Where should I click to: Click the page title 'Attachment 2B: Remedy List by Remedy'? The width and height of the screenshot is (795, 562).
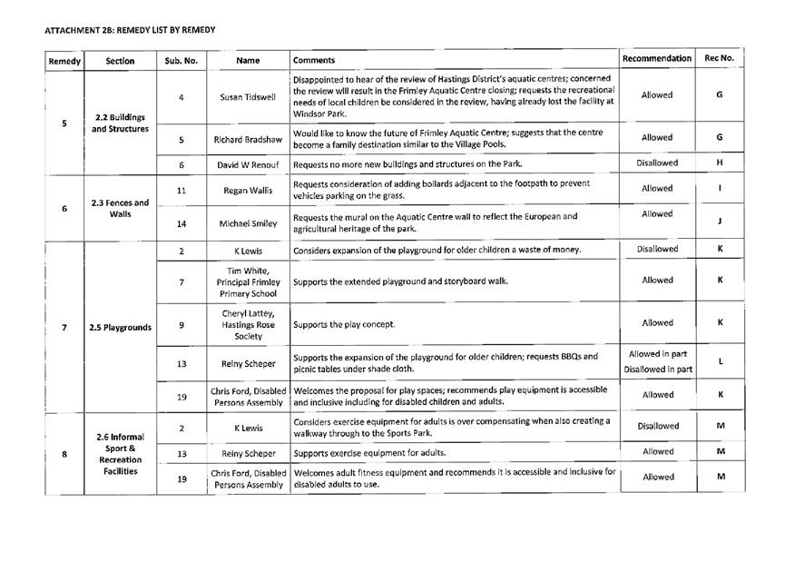[x=130, y=30]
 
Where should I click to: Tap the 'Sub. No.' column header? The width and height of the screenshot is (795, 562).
[x=182, y=61]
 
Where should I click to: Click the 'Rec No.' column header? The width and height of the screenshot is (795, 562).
[x=719, y=59]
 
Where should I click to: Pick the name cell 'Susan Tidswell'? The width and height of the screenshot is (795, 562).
[x=247, y=96]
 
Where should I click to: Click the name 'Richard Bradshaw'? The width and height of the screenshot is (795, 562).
[x=247, y=140]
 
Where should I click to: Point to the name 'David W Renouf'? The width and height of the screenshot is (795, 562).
[x=247, y=165]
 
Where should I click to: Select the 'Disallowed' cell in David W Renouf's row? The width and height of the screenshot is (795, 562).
[x=656, y=163]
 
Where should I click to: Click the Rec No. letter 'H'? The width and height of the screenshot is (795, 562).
[x=719, y=163]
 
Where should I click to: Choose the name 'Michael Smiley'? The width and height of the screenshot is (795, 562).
[x=247, y=222]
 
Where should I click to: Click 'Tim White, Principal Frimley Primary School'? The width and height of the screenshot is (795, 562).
[x=247, y=281]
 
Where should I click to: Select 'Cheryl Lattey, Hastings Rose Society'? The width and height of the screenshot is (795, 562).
[x=247, y=323]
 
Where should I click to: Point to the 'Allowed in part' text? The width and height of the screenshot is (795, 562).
[x=656, y=353]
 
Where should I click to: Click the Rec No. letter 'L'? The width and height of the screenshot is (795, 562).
[x=719, y=361]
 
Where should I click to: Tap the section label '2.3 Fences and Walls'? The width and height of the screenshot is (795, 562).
[x=120, y=208]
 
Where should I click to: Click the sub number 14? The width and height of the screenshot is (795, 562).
[x=182, y=222]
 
